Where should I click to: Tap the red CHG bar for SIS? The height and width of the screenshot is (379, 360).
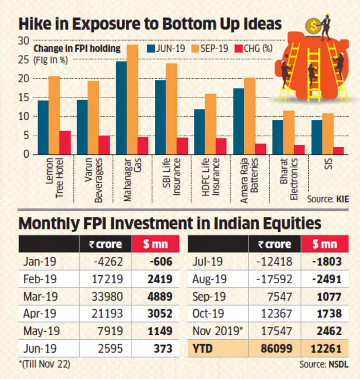(x=338, y=150)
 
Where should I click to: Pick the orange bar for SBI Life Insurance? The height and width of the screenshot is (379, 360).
(x=171, y=109)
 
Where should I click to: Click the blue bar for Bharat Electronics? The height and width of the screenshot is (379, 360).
(x=277, y=137)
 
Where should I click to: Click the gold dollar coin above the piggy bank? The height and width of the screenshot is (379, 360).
(x=312, y=25)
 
